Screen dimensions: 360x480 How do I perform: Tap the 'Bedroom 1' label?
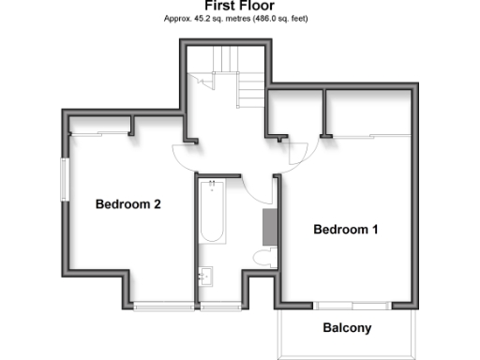(x=345, y=229)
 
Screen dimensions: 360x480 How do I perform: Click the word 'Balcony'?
(x=347, y=328)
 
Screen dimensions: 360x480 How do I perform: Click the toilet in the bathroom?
(x=263, y=257)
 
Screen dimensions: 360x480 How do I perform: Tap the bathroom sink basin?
(x=206, y=277)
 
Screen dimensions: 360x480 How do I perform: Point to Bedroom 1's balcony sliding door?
(x=352, y=305)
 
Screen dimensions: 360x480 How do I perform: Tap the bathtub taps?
(x=212, y=184)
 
